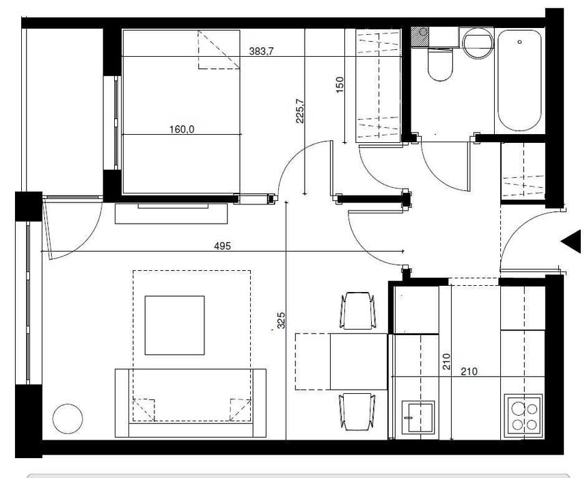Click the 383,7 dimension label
pyautogui.click(x=261, y=51)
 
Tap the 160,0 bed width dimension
pyautogui.click(x=182, y=130)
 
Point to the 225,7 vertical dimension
pyautogui.click(x=300, y=111)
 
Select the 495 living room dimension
pyautogui.click(x=222, y=246)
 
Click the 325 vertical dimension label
pyautogui.click(x=281, y=320)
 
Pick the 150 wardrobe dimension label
pyautogui.click(x=340, y=85)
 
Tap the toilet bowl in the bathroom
pyautogui.click(x=440, y=65)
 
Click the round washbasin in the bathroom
pyautogui.click(x=478, y=43)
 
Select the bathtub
pyautogui.click(x=519, y=81)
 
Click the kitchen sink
pyautogui.click(x=418, y=417)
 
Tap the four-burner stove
pyautogui.click(x=523, y=416)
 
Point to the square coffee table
pyautogui.click(x=175, y=325)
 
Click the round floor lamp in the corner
pyautogui.click(x=68, y=419)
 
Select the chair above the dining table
pyautogui.click(x=357, y=311)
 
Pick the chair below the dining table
pyautogui.click(x=357, y=412)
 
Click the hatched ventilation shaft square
pyautogui.click(x=420, y=37)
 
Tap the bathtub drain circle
pyautogui.click(x=519, y=42)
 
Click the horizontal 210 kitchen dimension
pyautogui.click(x=469, y=371)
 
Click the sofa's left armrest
pyautogui.click(x=122, y=403)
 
